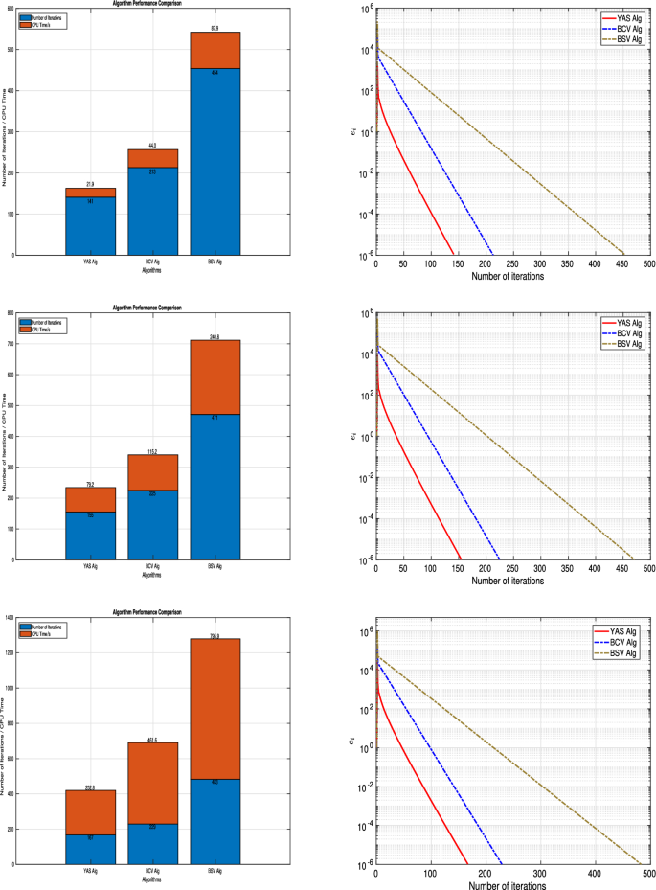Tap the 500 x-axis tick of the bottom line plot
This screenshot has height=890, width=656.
tap(648, 873)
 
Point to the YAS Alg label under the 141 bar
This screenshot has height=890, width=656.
tap(90, 261)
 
